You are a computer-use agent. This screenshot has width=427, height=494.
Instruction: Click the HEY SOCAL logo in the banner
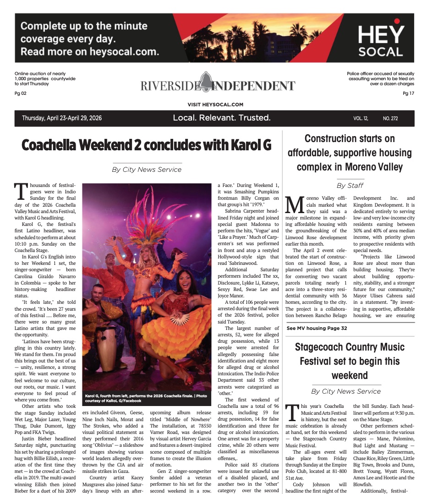(x=381, y=40)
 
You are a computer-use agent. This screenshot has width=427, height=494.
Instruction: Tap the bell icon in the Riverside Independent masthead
(x=205, y=82)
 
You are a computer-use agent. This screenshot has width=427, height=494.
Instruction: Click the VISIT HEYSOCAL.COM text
(x=215, y=104)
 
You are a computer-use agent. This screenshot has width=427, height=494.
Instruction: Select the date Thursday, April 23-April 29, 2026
(x=62, y=118)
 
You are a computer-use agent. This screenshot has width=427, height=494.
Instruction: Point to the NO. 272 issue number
(x=390, y=119)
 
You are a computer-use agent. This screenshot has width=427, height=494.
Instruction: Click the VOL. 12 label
(x=361, y=119)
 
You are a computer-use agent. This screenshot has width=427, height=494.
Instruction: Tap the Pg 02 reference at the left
(x=21, y=93)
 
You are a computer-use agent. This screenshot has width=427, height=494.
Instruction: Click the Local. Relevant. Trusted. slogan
(x=222, y=118)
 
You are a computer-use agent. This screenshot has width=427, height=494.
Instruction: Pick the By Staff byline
(x=350, y=185)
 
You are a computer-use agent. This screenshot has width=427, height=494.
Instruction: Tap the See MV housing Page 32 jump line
(x=317, y=328)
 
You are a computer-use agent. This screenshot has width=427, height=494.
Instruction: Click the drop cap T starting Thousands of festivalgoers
(x=20, y=189)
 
